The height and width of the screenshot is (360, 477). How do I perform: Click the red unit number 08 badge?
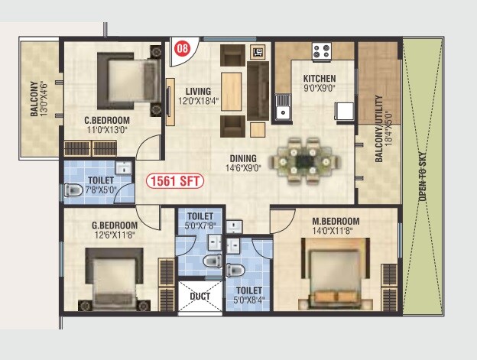pyautogui.click(x=182, y=47)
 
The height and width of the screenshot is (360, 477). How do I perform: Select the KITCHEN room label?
pyautogui.click(x=320, y=79)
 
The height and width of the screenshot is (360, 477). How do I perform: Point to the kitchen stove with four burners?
pyautogui.click(x=321, y=52)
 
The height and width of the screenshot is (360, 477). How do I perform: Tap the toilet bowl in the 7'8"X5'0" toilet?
pyautogui.click(x=74, y=190)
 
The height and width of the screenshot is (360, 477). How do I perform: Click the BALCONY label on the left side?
pyautogui.click(x=34, y=99)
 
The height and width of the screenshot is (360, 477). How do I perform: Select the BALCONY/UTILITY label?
pyautogui.click(x=378, y=134)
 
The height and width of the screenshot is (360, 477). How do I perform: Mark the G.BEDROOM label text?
pyautogui.click(x=115, y=225)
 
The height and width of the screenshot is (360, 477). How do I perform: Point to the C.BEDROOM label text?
pyautogui.click(x=106, y=120)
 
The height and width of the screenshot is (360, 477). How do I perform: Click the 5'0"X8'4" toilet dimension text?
pyautogui.click(x=249, y=300)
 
